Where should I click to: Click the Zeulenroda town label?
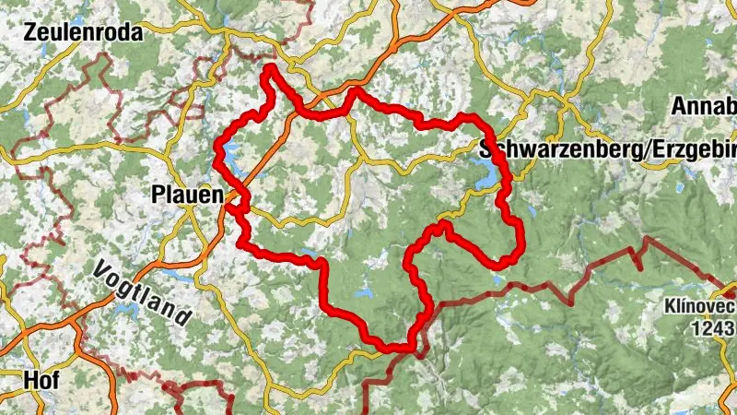pyautogui.click(x=86, y=33)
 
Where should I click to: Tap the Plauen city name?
pyautogui.click(x=187, y=196)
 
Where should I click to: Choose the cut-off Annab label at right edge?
pyautogui.click(x=704, y=105)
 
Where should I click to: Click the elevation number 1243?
pyautogui.click(x=714, y=328)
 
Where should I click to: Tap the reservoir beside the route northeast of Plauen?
pyautogui.click(x=229, y=151)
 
